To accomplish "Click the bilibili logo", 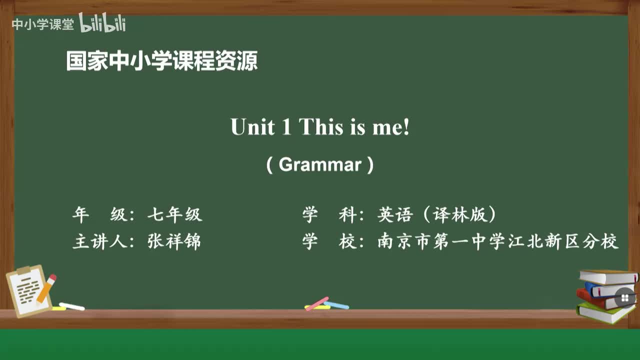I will point(102,23).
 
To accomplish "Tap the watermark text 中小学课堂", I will point(42,24).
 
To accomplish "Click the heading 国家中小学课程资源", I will point(162,61).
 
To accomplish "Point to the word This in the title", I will point(320,127).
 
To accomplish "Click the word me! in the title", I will point(390,128).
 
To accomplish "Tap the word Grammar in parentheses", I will point(320,164).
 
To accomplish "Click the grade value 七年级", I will point(174,215).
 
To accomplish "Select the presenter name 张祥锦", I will point(174,242).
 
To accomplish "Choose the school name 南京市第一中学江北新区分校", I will point(498,242).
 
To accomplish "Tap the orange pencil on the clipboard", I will point(46,288).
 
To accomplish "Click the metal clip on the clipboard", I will point(23,270).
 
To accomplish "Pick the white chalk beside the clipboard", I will point(72,306).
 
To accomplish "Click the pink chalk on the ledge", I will point(317,303).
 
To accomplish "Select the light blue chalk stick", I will point(337,304).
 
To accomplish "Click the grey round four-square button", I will point(624,298).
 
